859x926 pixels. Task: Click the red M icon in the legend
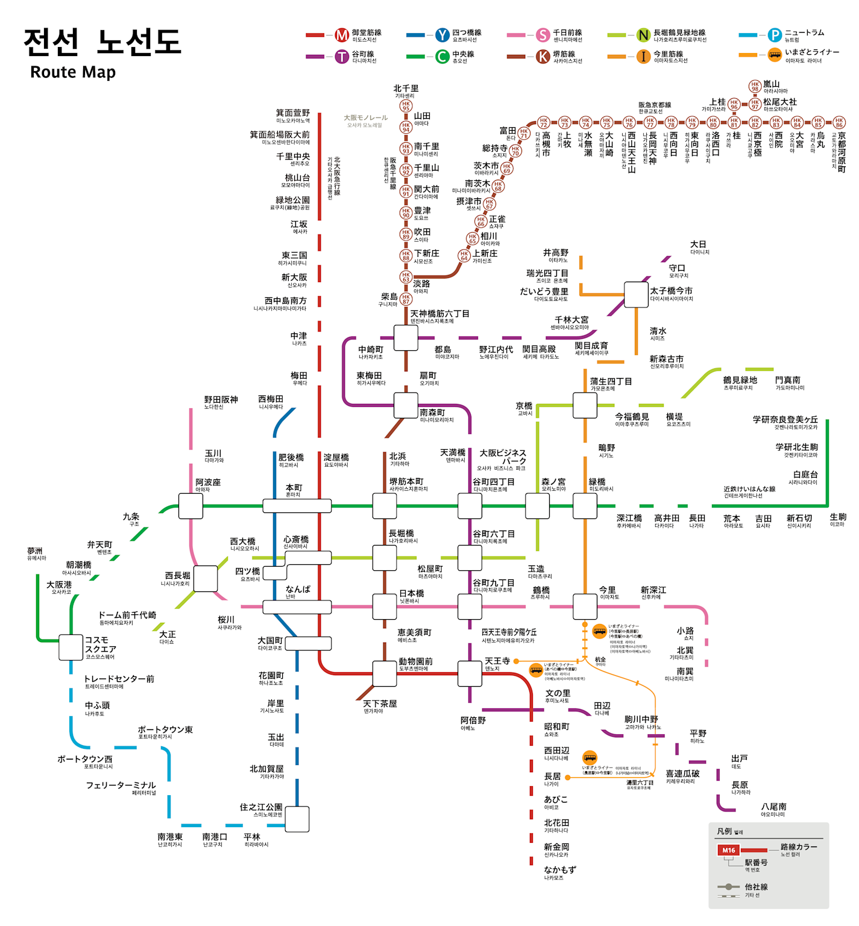coord(342,35)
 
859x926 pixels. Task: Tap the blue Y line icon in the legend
coord(442,35)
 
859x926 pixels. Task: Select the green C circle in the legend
coord(442,57)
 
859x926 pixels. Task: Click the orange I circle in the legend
coord(644,57)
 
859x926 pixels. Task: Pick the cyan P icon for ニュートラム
coord(775,35)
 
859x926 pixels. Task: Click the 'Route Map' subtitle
coord(73,72)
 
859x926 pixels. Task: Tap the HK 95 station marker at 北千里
coord(406,106)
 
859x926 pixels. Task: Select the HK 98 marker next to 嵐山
coord(755,86)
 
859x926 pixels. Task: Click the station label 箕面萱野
coord(292,113)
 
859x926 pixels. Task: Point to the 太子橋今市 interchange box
coord(636,294)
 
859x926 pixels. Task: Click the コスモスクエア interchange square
coord(71,647)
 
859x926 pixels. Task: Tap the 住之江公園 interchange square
coord(297,819)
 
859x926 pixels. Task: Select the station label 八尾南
coord(773,807)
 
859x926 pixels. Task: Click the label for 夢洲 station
coord(35,551)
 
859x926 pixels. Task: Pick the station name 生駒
coord(838,517)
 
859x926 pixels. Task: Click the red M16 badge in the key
coord(729,850)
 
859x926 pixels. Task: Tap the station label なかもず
coord(560,870)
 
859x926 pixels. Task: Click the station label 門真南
coord(788,380)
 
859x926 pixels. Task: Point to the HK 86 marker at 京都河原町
coord(839,123)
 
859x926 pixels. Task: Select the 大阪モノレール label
coord(365,118)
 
